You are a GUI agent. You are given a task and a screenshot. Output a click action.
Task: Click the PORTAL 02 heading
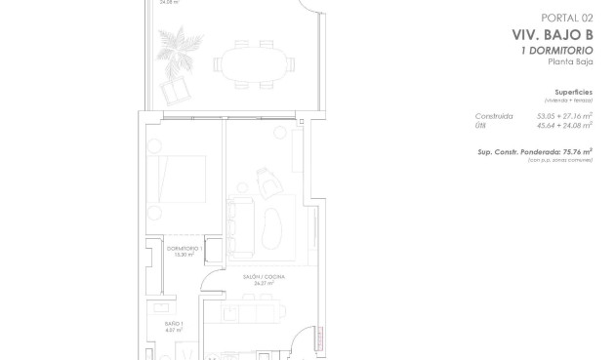coord(567,18)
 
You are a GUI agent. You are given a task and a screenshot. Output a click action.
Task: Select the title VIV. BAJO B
coord(553,33)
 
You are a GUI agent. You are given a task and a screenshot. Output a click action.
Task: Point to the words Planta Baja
coord(571,61)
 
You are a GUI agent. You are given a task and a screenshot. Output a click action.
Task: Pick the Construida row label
coord(494,115)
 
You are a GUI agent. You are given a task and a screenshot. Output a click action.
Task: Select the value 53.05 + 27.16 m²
coord(564,115)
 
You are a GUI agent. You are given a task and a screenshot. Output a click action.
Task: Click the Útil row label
coord(482,125)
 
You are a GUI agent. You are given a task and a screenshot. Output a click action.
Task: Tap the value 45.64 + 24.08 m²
coord(564,125)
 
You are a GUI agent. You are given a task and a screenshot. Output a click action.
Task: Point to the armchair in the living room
coord(266,180)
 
